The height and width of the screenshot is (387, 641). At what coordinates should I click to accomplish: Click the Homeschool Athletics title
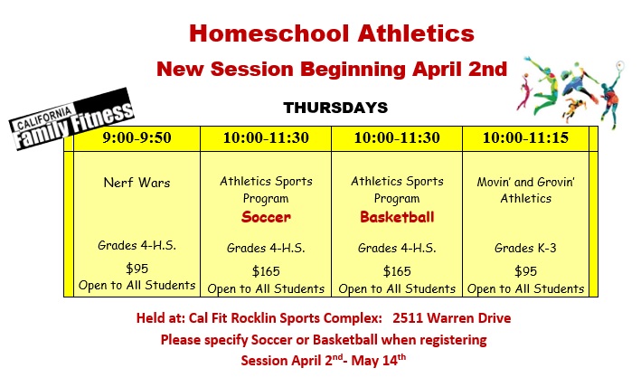pos(332,33)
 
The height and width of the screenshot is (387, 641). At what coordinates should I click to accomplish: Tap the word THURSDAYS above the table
pos(335,108)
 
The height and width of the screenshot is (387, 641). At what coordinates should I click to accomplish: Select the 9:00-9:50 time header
pos(137,137)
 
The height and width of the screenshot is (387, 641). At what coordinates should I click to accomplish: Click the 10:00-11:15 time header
pos(525,137)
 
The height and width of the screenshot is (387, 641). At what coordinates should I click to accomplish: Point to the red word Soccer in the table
pos(266,217)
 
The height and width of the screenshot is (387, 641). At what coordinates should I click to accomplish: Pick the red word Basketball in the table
pos(397,217)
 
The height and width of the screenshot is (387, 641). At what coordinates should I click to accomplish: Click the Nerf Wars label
pos(137,183)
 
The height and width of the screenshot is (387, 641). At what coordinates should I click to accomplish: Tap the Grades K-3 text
pos(525,248)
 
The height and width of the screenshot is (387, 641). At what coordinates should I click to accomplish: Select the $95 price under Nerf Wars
pos(137,269)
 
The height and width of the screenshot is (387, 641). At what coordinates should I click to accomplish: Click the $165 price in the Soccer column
pos(266,271)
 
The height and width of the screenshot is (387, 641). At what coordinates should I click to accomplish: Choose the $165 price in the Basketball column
pos(397,271)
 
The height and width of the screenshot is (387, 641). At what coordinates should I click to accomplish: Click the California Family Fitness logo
pos(71,119)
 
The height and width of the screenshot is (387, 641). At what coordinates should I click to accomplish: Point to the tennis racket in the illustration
pos(619,65)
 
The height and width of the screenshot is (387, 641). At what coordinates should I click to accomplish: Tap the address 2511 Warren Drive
pos(452,318)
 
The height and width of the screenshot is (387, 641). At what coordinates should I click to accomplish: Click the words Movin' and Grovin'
pos(525,182)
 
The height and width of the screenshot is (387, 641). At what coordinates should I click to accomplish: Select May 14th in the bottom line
pos(379,360)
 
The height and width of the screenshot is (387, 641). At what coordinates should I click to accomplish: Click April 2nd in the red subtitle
pos(459,69)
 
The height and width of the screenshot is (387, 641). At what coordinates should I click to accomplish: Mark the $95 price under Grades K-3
pos(525,271)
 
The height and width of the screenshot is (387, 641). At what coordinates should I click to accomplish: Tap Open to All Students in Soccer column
pos(266,289)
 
